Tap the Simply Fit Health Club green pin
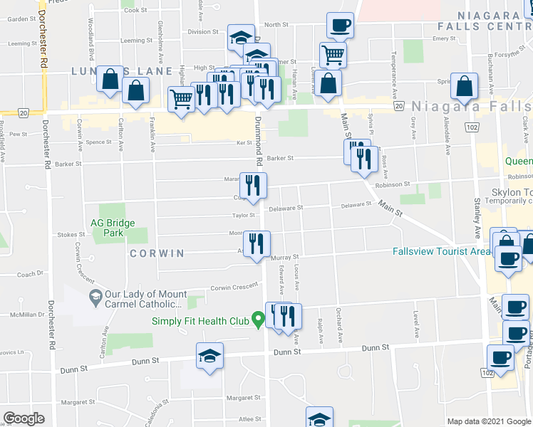[256, 321]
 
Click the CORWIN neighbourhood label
[157, 253]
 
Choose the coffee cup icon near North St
[340, 25]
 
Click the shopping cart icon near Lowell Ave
[333, 53]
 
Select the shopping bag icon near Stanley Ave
[464, 85]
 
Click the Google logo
[24, 418]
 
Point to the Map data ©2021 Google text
[489, 421]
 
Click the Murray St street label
[283, 256]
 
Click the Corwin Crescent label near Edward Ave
[234, 287]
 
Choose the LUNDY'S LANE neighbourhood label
[122, 71]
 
